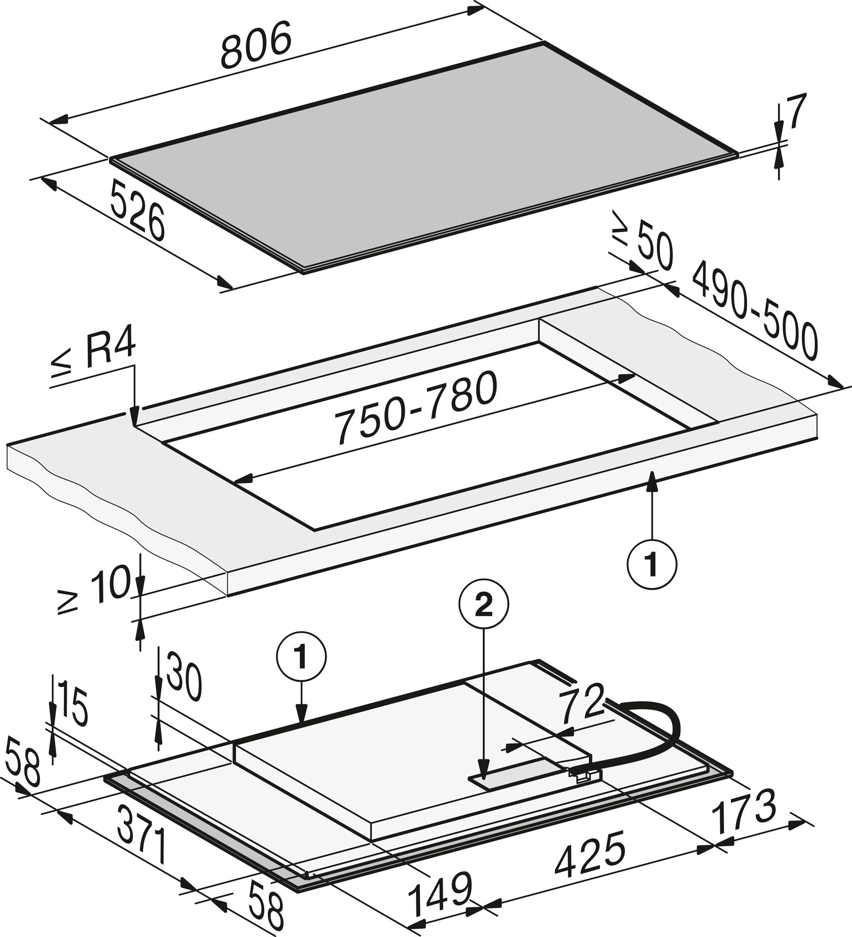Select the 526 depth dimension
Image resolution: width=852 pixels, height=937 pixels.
click(x=137, y=212)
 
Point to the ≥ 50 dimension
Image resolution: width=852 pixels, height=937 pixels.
click(x=643, y=242)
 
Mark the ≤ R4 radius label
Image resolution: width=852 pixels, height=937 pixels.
click(x=94, y=356)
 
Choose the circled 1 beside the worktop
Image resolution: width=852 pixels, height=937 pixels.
click(x=652, y=564)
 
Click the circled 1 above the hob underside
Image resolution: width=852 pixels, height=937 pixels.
click(x=301, y=657)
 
